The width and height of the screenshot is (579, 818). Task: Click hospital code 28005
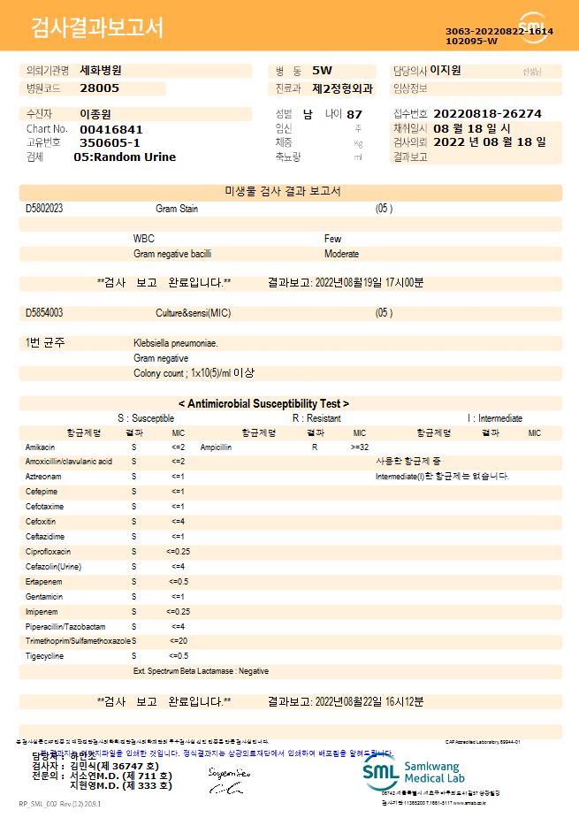(x=99, y=88)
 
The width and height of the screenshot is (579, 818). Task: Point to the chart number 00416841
(x=110, y=129)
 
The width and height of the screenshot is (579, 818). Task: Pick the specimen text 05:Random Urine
(x=125, y=157)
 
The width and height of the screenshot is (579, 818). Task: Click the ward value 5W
(x=323, y=70)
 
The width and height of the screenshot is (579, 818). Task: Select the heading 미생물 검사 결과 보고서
(x=290, y=191)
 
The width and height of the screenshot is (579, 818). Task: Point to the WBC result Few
(x=332, y=239)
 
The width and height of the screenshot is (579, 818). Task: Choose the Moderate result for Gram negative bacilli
(x=341, y=254)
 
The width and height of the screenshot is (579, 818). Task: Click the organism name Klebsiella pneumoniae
(x=175, y=343)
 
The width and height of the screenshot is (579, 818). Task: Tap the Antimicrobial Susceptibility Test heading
(x=263, y=403)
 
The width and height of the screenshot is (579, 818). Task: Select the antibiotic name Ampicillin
(x=217, y=447)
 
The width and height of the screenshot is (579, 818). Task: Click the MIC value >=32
(x=360, y=447)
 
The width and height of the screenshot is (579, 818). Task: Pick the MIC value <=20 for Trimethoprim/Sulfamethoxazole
(x=178, y=640)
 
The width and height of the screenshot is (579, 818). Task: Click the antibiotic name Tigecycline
(x=43, y=656)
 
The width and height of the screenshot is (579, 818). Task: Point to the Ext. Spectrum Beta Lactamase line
(x=201, y=671)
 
